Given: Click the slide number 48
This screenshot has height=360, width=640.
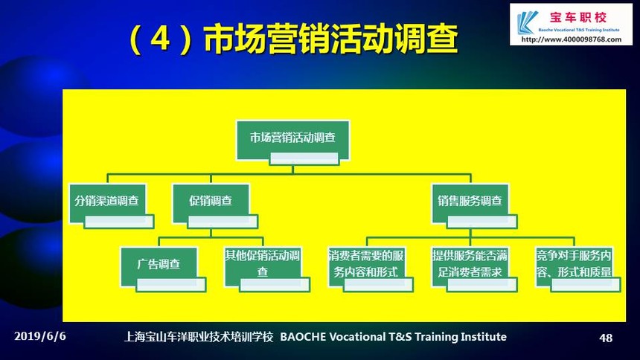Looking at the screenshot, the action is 606,338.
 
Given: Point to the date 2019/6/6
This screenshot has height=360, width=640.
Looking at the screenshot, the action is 40,336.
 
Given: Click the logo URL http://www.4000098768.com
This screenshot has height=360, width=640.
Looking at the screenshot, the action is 572,39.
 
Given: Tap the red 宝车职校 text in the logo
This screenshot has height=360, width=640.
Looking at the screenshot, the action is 578,18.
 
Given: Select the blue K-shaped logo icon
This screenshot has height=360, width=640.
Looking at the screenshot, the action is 527,22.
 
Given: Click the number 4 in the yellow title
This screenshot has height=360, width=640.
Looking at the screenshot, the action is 160,39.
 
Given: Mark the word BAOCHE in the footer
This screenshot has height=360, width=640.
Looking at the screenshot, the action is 303,337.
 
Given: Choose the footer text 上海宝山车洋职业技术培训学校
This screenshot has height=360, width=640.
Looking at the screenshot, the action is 199,337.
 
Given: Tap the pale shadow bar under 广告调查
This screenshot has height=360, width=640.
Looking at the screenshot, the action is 171,284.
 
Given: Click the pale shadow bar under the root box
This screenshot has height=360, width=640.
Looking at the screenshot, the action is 304,158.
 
